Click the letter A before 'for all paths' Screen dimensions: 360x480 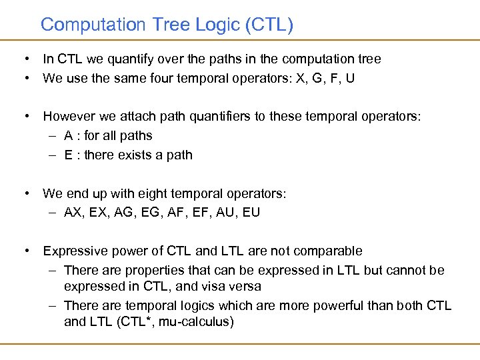(69, 136)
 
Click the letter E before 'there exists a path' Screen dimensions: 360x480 (69, 155)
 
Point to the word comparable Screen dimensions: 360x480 (330, 252)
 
